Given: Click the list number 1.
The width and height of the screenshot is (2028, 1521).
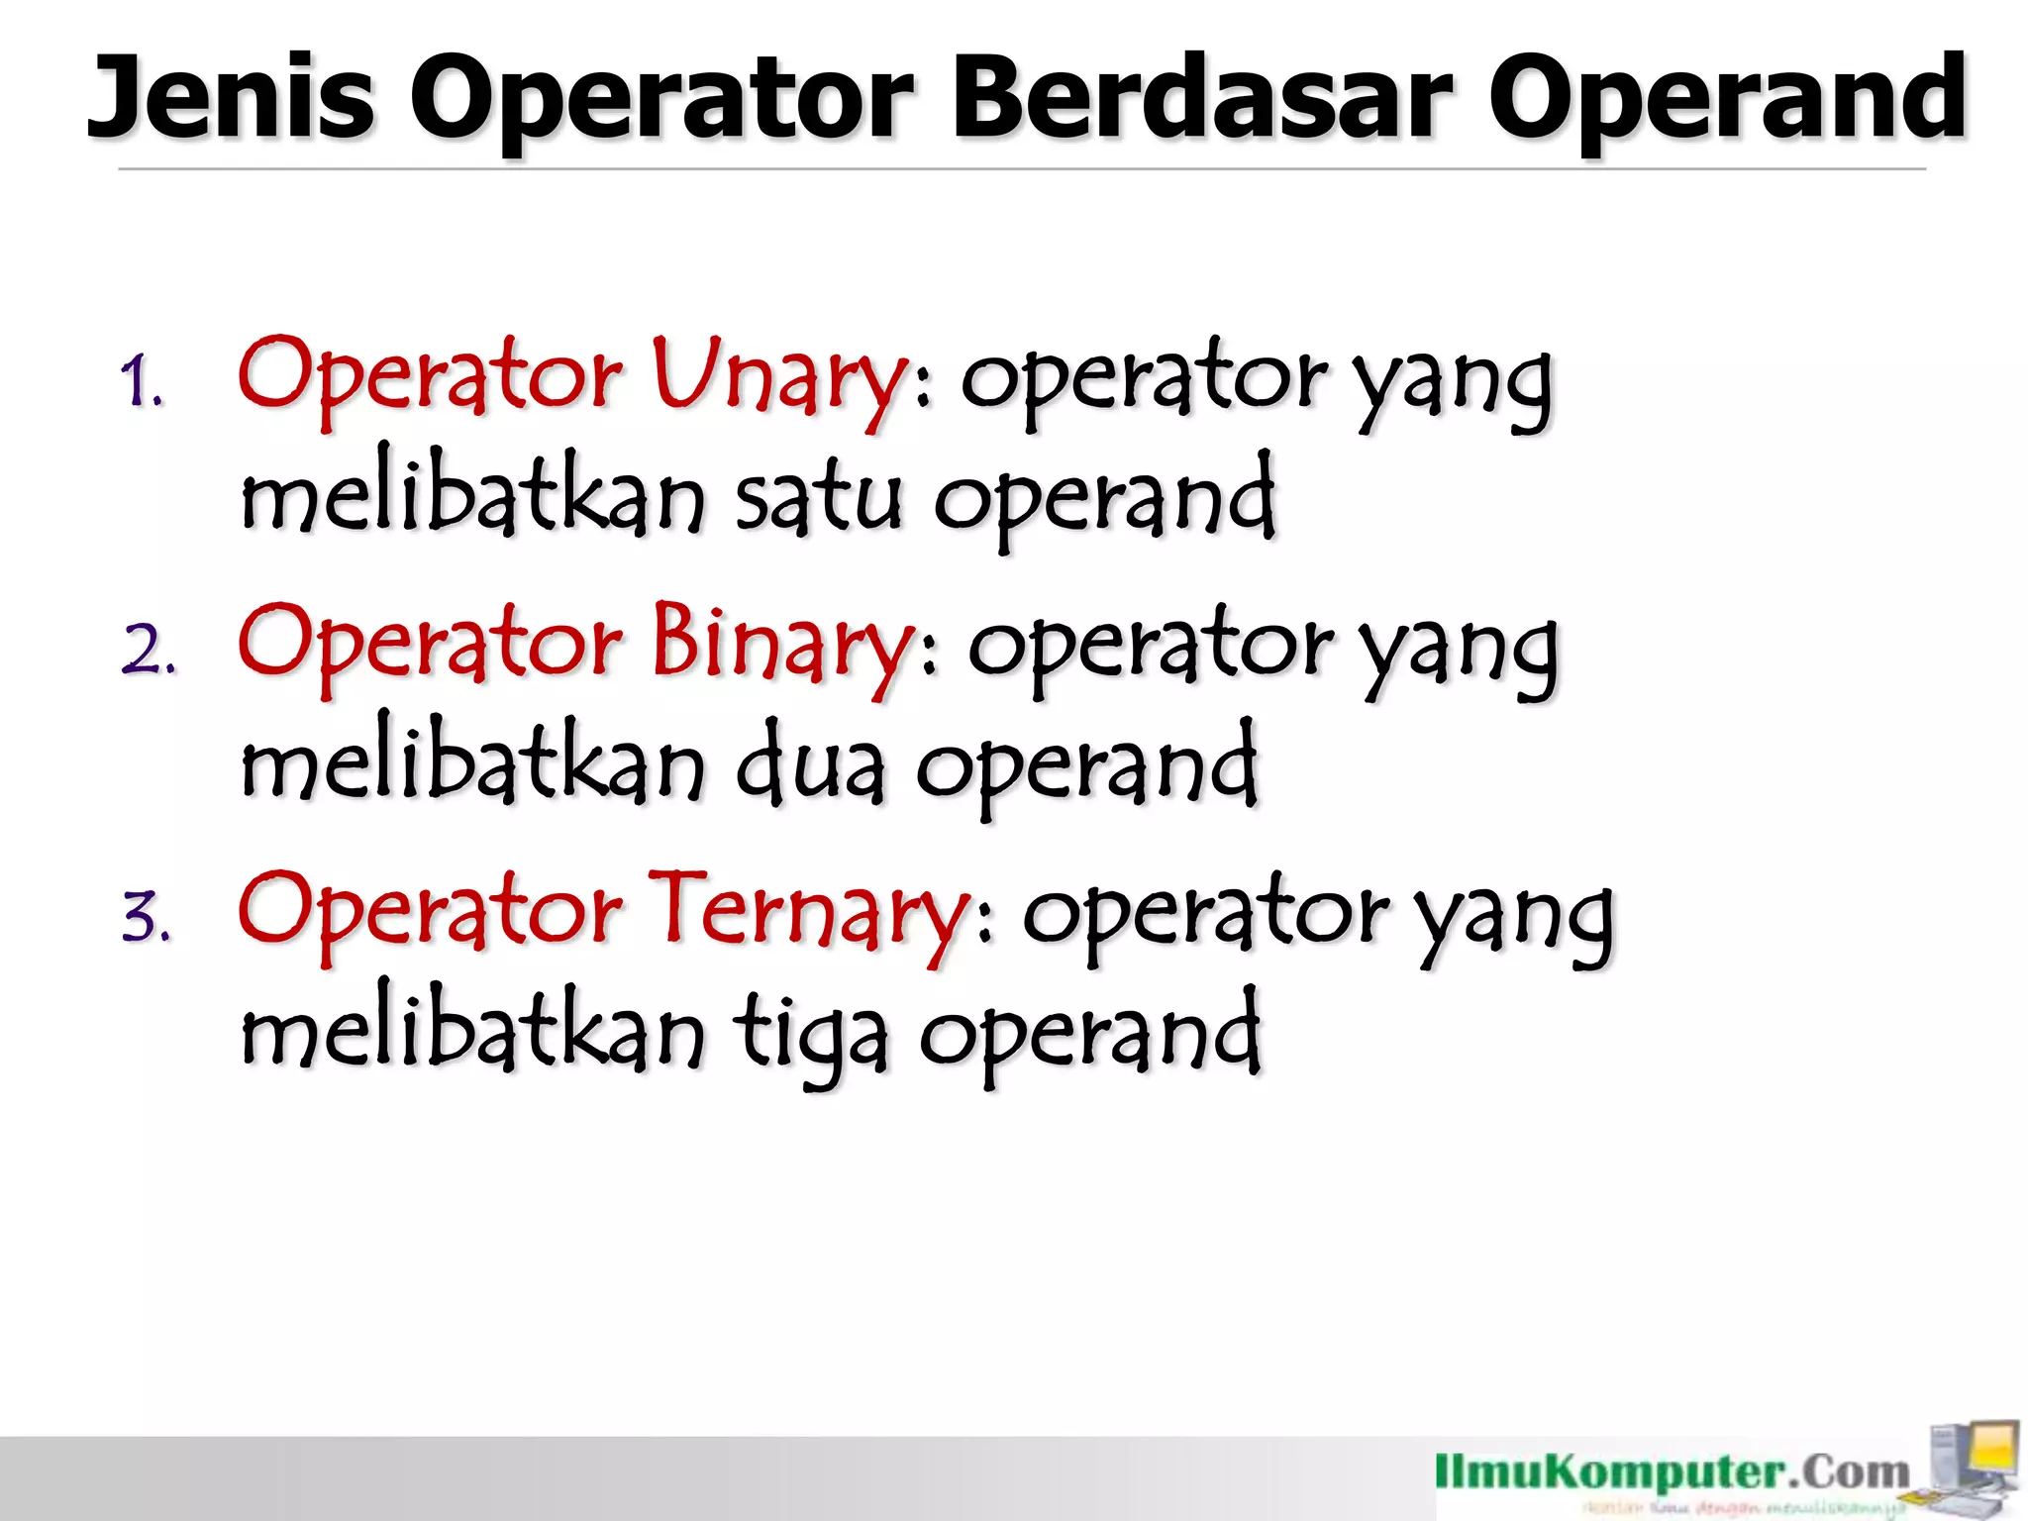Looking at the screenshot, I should (142, 384).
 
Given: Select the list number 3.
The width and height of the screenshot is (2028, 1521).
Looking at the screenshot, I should (148, 917).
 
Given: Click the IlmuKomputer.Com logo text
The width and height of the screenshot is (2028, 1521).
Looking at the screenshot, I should (1673, 1472).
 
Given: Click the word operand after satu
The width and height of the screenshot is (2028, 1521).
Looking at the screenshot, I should (1105, 499).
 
